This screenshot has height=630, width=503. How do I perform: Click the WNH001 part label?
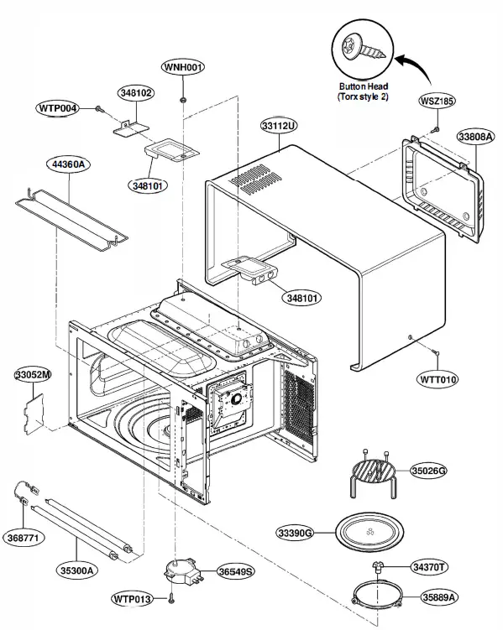click(182, 67)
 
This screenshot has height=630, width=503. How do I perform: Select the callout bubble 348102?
click(135, 93)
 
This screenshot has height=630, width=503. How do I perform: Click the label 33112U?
click(280, 126)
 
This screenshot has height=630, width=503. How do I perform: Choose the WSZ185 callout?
click(437, 101)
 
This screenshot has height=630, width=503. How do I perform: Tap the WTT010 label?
click(438, 380)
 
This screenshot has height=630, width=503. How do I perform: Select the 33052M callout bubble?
click(32, 374)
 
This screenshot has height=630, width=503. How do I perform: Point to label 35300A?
click(78, 570)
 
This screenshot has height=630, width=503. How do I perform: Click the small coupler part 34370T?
click(379, 569)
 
